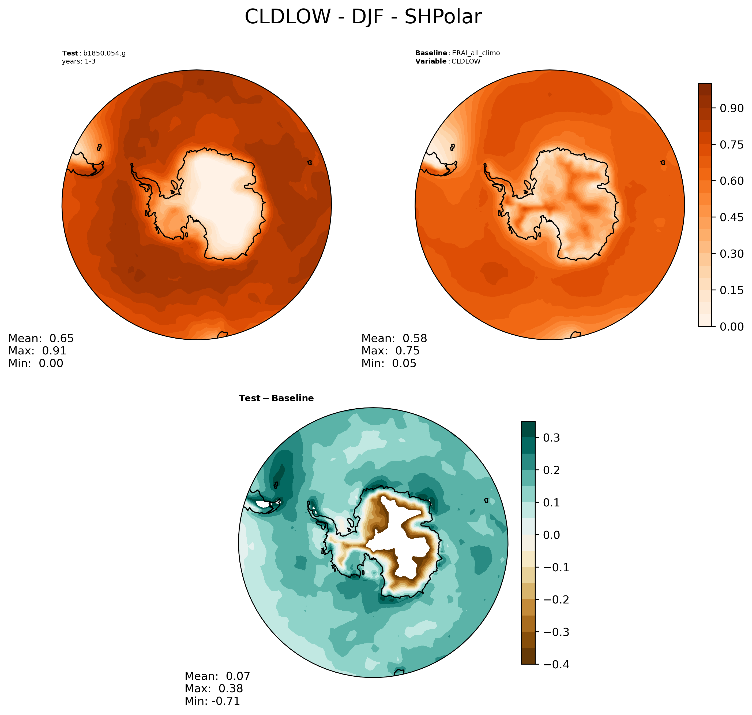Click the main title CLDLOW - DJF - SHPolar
click(x=363, y=17)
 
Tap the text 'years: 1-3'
click(x=79, y=61)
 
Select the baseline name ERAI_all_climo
click(x=476, y=53)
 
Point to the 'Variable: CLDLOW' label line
click(x=448, y=61)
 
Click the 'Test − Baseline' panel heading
click(x=276, y=398)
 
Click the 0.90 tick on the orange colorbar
click(x=731, y=108)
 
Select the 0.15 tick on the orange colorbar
click(x=731, y=290)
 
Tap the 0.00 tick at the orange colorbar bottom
click(x=731, y=327)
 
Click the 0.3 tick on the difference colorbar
click(x=551, y=438)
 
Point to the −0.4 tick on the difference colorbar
click(x=556, y=665)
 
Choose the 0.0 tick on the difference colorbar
click(x=551, y=535)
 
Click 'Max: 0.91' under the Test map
click(x=37, y=351)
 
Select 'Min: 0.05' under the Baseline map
click(x=389, y=363)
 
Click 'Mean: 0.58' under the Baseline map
click(x=394, y=338)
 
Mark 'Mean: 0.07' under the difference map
click(x=217, y=676)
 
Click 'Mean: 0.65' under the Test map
click(x=41, y=338)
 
